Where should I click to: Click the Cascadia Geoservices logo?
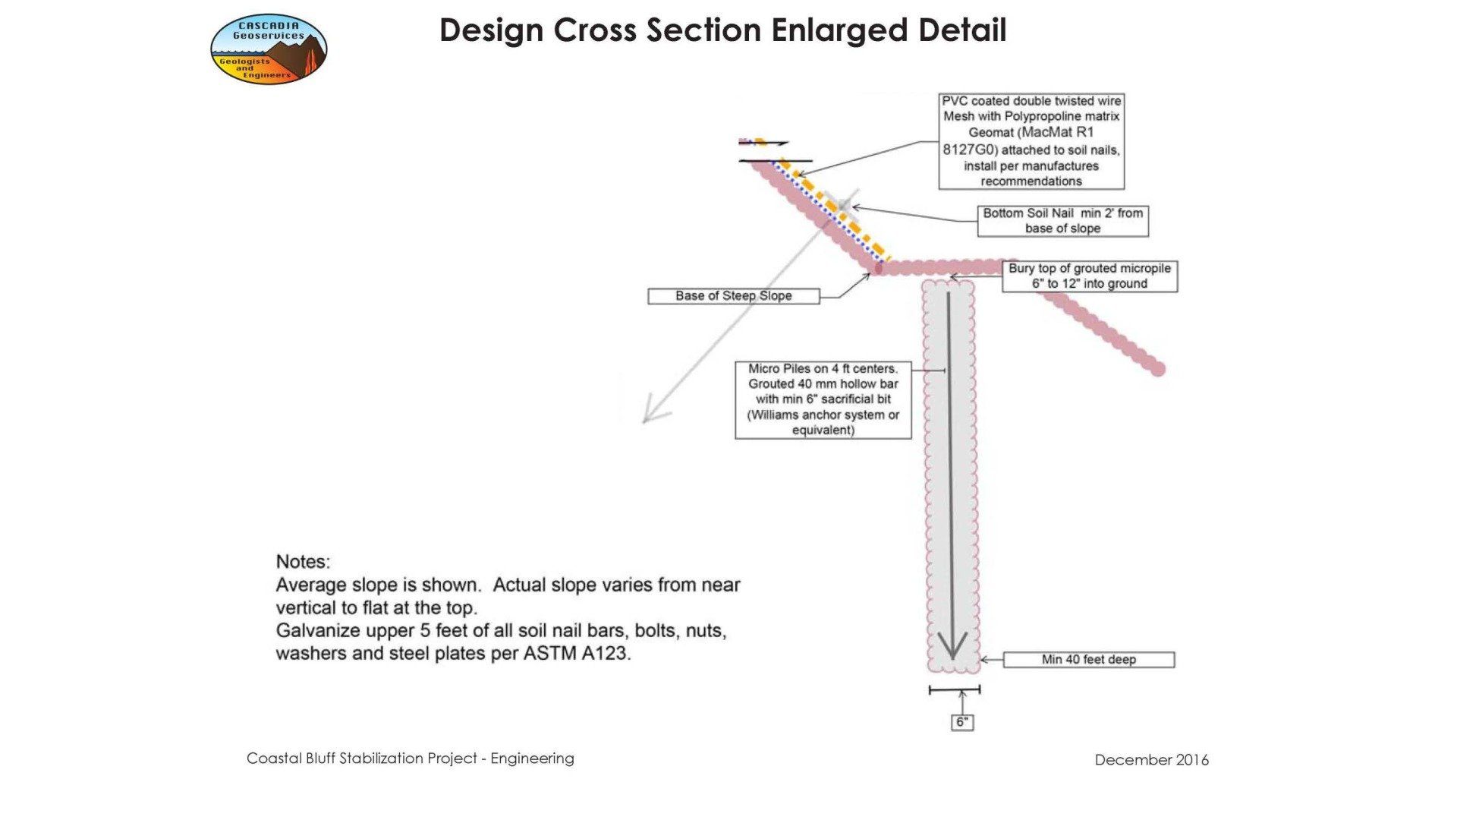[269, 49]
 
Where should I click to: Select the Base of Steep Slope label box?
[734, 296]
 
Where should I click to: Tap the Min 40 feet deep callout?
[1088, 660]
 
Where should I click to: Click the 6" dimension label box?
[962, 722]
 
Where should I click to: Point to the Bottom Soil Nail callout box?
[1062, 221]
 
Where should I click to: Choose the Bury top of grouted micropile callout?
[1090, 276]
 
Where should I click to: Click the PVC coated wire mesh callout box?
[1031, 141]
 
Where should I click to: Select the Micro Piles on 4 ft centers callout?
[823, 399]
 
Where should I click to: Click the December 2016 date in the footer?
[1151, 760]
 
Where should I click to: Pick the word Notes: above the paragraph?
[303, 562]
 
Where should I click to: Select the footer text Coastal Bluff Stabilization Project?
[362, 758]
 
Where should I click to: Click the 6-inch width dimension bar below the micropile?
[955, 689]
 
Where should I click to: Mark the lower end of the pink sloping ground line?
[1158, 369]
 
